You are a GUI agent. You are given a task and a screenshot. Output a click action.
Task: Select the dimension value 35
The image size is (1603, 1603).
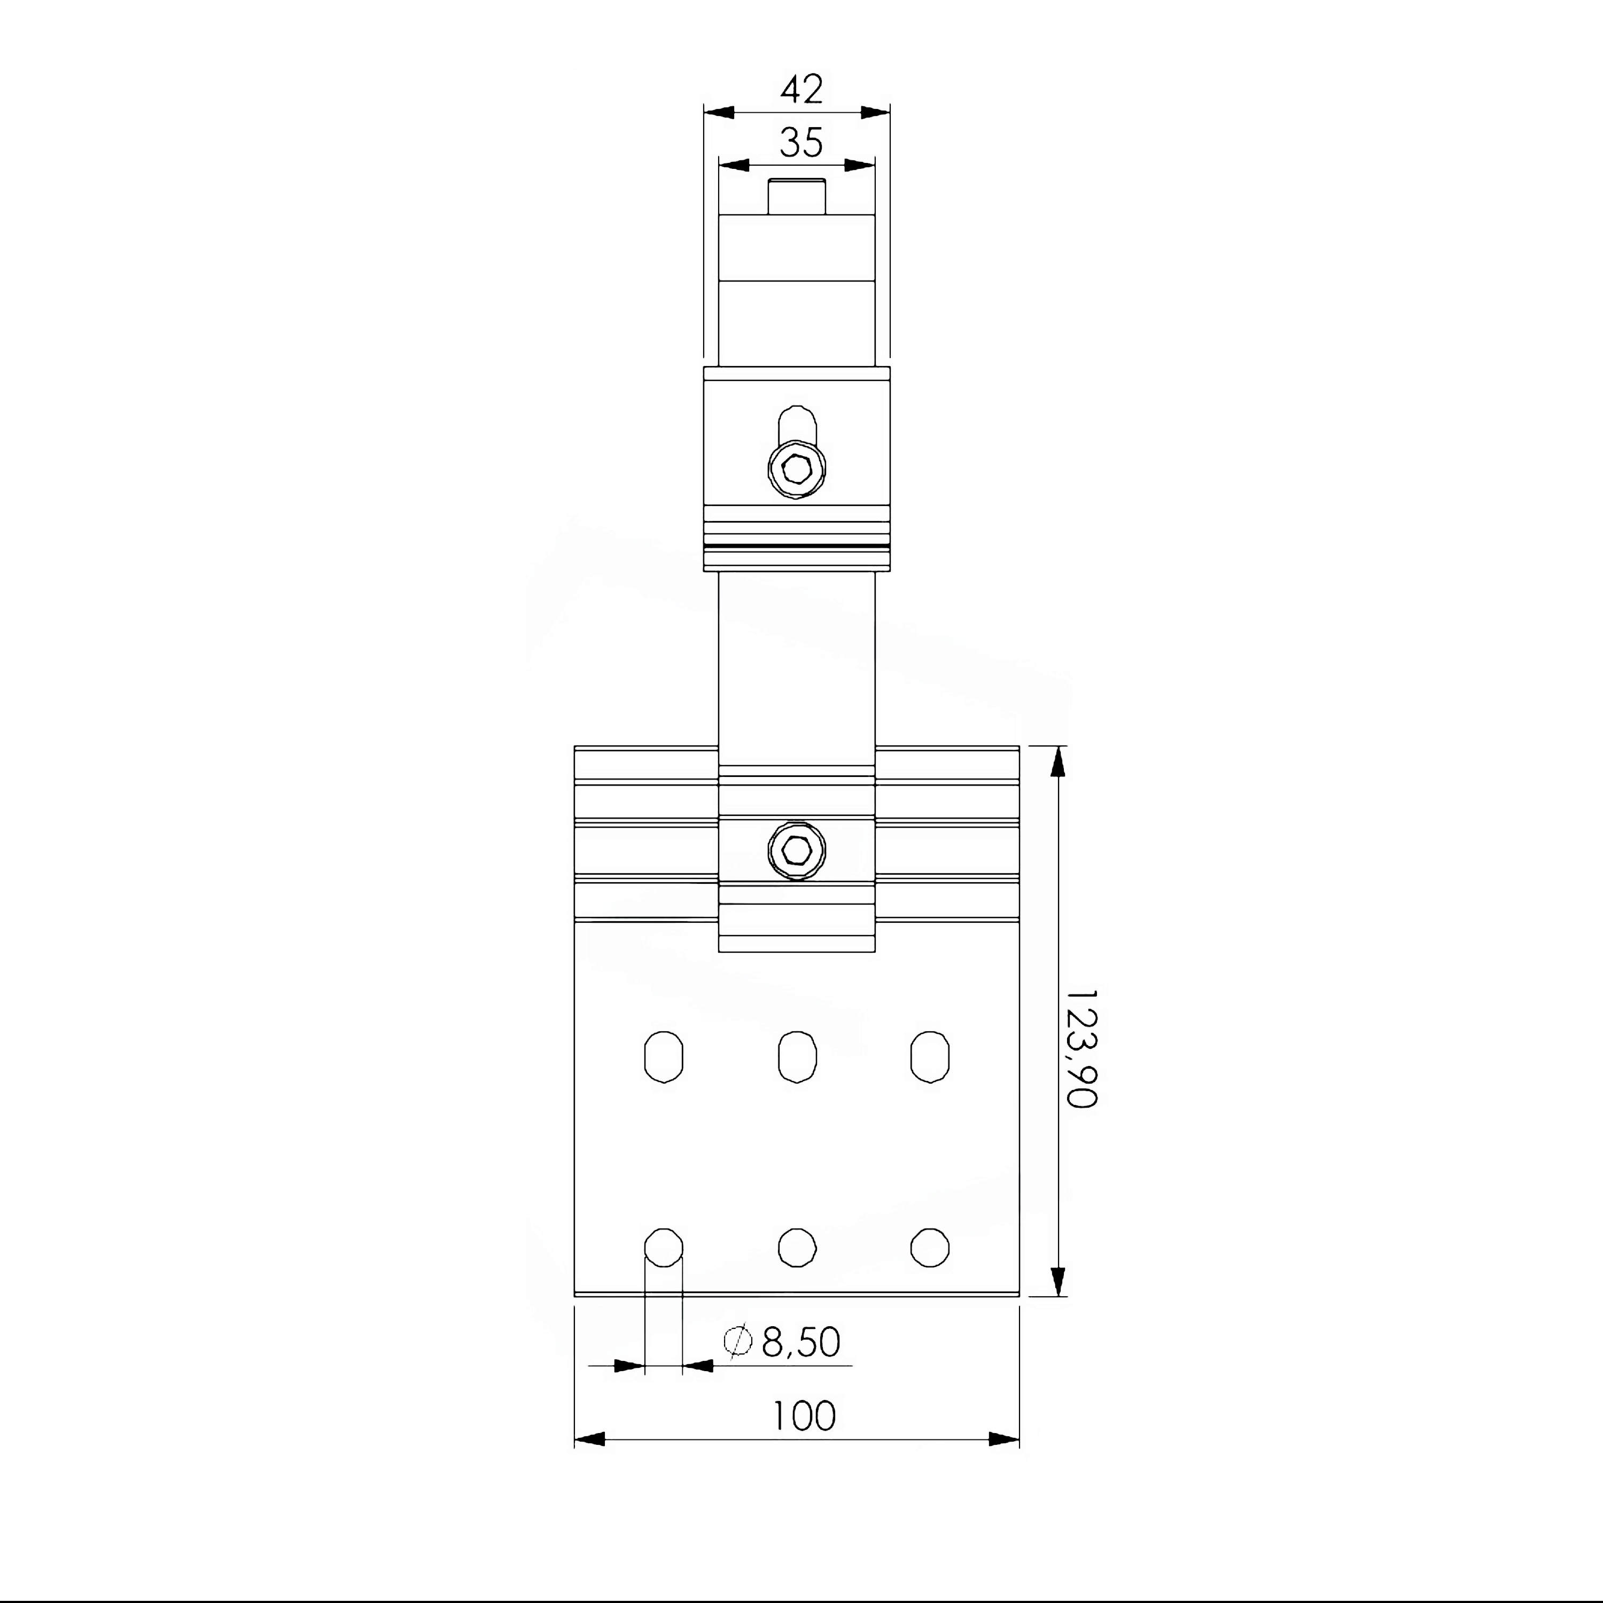click(801, 143)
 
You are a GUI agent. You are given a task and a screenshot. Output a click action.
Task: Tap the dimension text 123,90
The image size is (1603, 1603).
click(1081, 1048)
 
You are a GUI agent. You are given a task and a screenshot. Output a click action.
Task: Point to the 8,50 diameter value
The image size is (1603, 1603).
click(800, 1342)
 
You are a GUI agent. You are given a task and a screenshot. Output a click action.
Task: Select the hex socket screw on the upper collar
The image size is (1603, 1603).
click(797, 470)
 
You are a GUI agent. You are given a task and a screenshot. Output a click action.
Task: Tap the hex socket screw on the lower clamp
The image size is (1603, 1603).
click(797, 851)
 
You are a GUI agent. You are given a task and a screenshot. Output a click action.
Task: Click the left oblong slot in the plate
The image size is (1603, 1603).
click(664, 1057)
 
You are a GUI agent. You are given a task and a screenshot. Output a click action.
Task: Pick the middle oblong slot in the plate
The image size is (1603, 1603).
click(797, 1057)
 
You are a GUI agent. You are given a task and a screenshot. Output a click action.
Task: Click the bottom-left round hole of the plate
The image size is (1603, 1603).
click(664, 1247)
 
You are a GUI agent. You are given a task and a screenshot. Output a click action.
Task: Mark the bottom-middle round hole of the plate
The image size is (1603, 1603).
click(797, 1247)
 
